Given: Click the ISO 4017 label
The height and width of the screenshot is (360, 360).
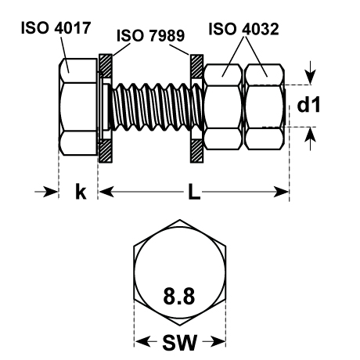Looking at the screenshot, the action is click(x=56, y=27).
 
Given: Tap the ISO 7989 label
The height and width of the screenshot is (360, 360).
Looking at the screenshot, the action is click(x=151, y=35).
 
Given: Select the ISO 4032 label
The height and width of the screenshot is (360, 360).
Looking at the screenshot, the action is click(x=243, y=29).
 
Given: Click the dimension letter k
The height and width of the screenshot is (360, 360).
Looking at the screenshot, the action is click(x=81, y=192).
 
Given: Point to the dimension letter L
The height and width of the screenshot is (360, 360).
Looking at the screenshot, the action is click(x=194, y=192).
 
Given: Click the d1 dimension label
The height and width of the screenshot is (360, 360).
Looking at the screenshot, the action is click(x=308, y=105).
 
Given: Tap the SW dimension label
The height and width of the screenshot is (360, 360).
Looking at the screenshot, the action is click(x=179, y=342).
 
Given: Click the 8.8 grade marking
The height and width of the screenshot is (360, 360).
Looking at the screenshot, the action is click(x=179, y=296).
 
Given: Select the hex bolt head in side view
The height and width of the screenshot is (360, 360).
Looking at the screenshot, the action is click(x=77, y=106).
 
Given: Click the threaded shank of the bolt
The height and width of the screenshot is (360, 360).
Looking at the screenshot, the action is click(x=157, y=106).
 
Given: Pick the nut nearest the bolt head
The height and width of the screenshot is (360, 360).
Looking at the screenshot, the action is click(x=222, y=106).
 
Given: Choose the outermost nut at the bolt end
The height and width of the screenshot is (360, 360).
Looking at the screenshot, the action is click(x=265, y=106).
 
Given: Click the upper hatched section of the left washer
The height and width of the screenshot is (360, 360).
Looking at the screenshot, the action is click(x=106, y=66).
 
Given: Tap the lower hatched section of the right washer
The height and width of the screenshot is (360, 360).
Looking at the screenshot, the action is click(x=196, y=150).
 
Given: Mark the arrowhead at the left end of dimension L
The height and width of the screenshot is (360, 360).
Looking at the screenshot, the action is click(x=106, y=192).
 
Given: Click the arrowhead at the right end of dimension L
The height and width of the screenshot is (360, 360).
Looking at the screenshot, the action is click(x=281, y=192).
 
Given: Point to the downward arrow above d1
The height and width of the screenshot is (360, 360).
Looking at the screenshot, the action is click(x=310, y=73).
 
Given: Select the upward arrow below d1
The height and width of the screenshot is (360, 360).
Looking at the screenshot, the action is click(x=310, y=139).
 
